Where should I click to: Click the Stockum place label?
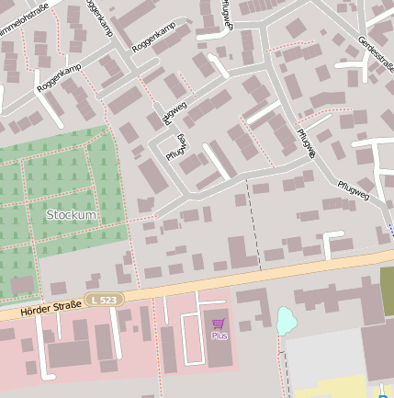(71, 215)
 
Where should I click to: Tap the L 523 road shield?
(105, 300)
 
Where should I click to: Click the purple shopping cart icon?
(219, 324)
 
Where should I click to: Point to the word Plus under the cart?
(219, 335)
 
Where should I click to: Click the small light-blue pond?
(287, 321)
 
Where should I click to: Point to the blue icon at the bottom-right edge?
(383, 391)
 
